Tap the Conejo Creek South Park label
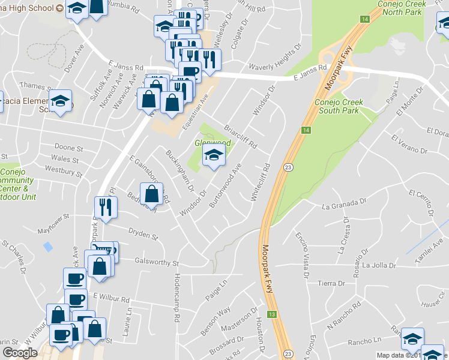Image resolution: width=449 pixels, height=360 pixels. [337, 106]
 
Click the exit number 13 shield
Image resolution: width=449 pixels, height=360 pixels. [272, 314]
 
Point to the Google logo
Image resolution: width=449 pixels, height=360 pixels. [20, 353]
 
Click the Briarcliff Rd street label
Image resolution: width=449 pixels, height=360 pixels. [240, 137]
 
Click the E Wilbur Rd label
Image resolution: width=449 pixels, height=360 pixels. [111, 299]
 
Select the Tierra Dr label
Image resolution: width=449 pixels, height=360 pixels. [328, 283]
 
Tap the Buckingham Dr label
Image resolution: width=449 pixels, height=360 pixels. [179, 170]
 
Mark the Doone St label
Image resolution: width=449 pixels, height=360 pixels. [68, 147]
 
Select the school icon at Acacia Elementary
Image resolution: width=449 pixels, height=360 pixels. [60, 101]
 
